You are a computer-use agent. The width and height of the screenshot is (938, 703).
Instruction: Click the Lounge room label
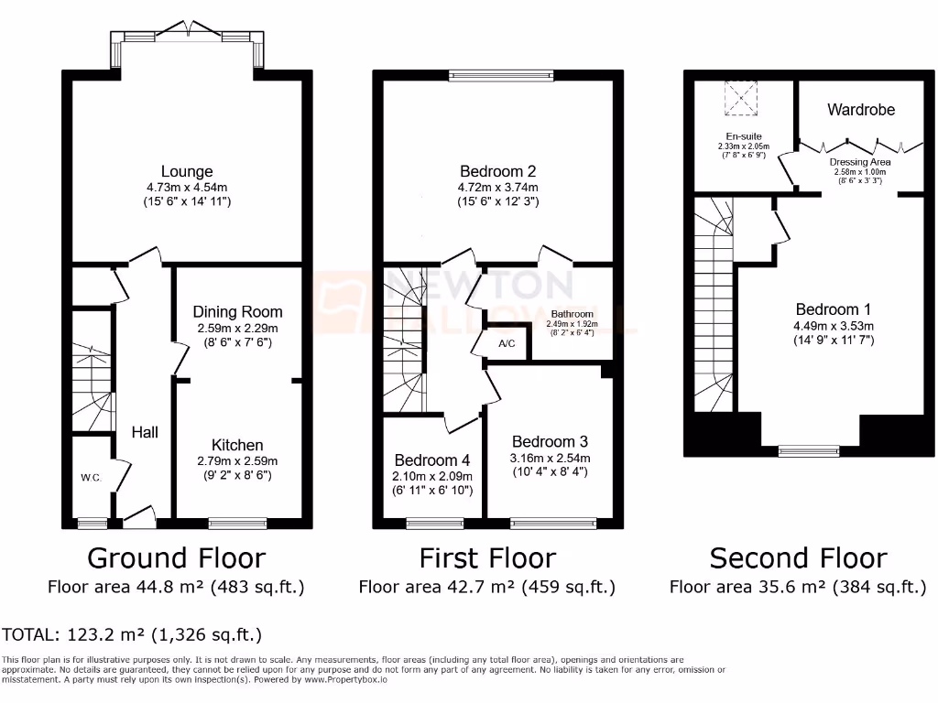coord(187,171)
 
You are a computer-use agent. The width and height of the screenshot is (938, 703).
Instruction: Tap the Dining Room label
coord(237,312)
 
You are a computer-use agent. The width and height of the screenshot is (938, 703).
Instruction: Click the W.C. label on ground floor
coord(91,477)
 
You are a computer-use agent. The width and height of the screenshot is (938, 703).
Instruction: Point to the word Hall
coord(144,431)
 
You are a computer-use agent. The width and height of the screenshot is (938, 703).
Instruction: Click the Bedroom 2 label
coord(497,171)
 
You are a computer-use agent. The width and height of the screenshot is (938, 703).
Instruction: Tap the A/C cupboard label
coord(507,344)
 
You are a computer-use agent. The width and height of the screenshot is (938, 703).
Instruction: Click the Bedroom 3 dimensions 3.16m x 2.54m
coord(550,459)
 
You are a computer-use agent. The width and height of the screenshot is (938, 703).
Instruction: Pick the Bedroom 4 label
coord(432,460)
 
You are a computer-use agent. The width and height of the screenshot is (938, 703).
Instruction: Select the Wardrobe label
coord(861,110)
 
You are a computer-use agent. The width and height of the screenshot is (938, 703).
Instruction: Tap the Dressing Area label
coord(860,162)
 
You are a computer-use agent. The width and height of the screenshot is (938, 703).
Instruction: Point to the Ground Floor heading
coord(176,557)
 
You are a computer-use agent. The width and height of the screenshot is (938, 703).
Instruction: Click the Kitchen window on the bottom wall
coord(225,524)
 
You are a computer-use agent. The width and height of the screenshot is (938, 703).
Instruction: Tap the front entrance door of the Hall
coord(139,517)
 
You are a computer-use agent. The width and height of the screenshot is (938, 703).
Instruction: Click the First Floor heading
coord(487,557)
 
